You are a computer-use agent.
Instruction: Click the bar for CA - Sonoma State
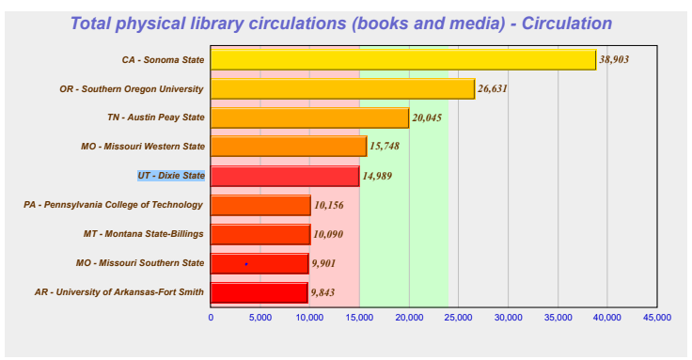(x=402, y=59)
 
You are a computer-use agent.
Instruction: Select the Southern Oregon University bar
(x=342, y=88)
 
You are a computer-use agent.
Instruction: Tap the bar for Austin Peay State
(x=309, y=117)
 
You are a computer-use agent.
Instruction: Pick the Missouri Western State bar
(x=288, y=147)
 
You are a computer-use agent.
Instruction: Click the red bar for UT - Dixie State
(x=284, y=176)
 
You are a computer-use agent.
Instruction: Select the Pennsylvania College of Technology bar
(x=260, y=205)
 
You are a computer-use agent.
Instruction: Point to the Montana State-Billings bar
(x=259, y=234)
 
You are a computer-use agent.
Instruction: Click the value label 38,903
(x=618, y=59)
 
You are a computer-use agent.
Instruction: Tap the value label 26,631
(x=496, y=89)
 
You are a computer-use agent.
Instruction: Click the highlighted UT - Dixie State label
(x=170, y=176)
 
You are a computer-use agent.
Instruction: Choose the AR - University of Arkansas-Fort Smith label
(x=119, y=292)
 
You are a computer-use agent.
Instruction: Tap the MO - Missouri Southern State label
(x=139, y=263)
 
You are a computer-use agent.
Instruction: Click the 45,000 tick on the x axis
(x=656, y=319)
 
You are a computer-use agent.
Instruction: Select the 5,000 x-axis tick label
(x=259, y=319)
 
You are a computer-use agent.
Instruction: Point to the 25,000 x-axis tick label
(x=458, y=319)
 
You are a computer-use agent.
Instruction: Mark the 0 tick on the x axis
(x=211, y=319)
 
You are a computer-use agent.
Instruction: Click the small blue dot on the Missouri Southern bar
(x=246, y=264)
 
